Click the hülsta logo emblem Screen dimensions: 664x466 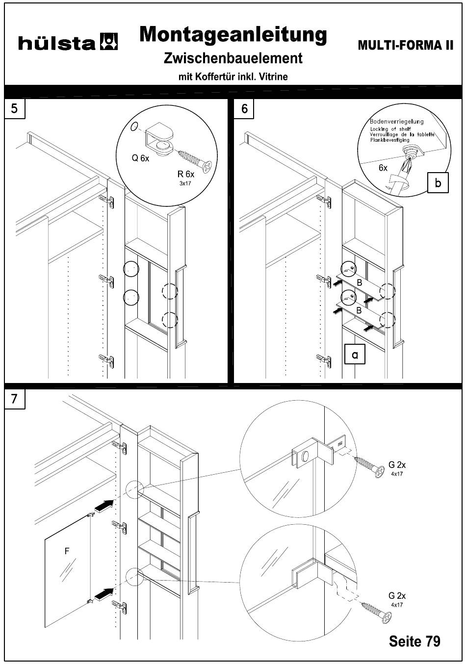coord(109,42)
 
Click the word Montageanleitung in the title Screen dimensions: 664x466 coord(233,35)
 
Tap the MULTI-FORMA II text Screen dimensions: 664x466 coord(405,46)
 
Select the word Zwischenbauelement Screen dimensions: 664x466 coord(233,58)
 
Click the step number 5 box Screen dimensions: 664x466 coord(15,108)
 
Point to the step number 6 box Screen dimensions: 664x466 coord(244,108)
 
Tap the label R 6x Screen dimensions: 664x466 coord(186,174)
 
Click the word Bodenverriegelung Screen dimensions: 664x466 coord(397,121)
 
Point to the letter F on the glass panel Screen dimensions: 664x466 coord(67,551)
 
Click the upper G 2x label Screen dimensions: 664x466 coord(397,464)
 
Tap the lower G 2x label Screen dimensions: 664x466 coord(397,596)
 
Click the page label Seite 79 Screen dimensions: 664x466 coord(414,641)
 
